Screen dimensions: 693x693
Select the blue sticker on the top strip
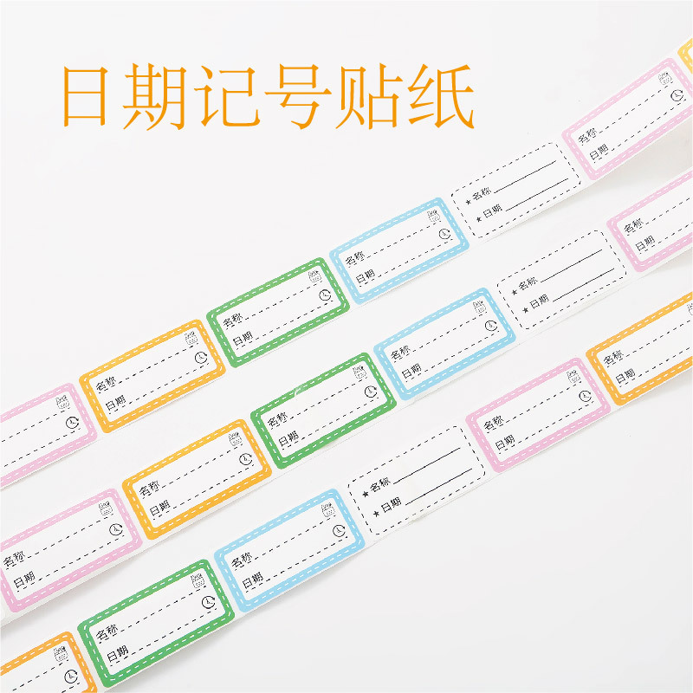pyautogui.click(x=399, y=249)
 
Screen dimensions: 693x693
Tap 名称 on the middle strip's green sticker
pyautogui.click(x=277, y=420)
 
